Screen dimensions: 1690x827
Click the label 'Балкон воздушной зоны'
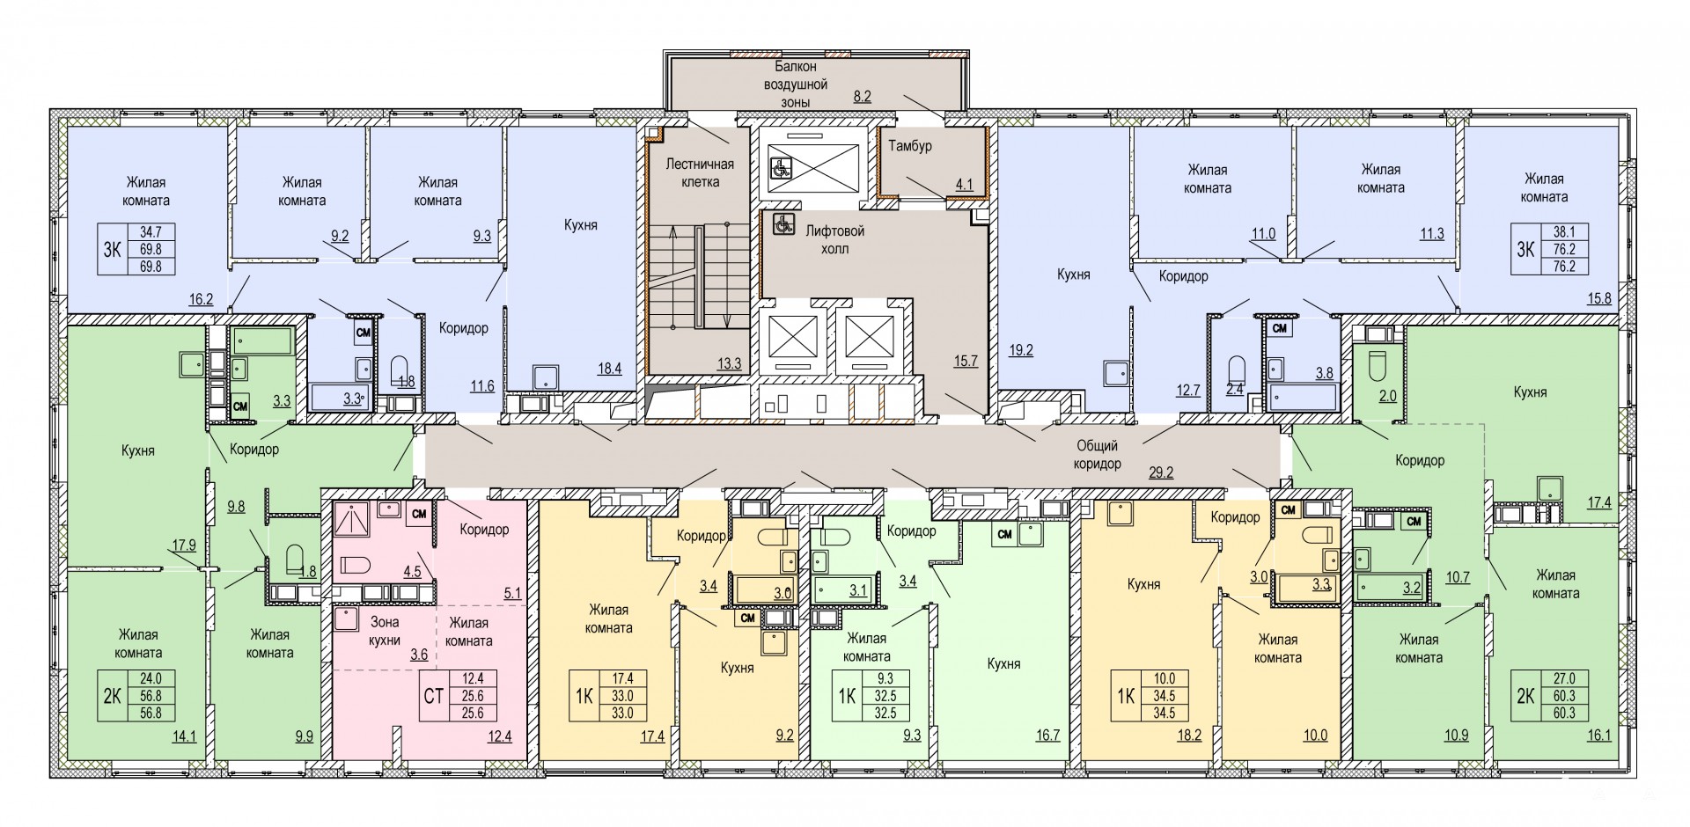click(796, 84)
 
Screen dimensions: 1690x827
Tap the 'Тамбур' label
click(909, 145)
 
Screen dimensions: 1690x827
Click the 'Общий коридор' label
click(1097, 455)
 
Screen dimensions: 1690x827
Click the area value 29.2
click(1162, 472)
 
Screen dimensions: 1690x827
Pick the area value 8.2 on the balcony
click(862, 97)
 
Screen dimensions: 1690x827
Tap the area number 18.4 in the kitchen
click(610, 369)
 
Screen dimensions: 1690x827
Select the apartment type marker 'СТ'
click(432, 696)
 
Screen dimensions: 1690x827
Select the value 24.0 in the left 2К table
click(139, 678)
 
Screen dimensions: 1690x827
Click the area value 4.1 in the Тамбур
click(965, 185)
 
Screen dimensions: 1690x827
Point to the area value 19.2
click(1021, 349)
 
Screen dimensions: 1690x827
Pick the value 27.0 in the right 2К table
click(1576, 678)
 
